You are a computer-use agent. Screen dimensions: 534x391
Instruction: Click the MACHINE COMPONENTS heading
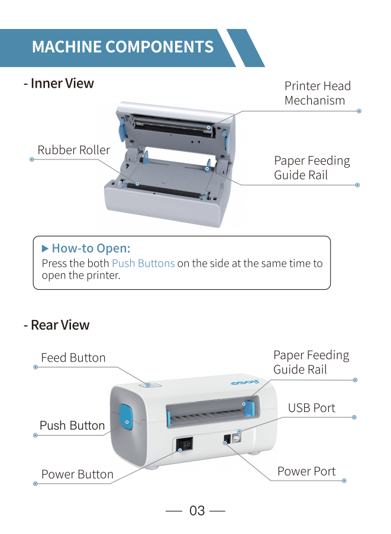[122, 47]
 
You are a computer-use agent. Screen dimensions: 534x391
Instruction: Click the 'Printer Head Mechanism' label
[317, 93]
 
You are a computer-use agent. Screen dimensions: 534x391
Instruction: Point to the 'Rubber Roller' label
[73, 150]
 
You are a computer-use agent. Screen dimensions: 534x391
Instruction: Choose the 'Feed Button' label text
[73, 357]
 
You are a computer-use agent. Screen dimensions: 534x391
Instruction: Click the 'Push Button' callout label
[72, 425]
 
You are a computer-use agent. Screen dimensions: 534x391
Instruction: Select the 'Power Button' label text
[77, 474]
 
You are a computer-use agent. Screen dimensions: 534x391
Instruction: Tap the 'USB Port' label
[311, 408]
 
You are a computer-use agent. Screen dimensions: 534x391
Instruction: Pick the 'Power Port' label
[306, 471]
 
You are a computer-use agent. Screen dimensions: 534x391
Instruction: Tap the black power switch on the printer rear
[186, 444]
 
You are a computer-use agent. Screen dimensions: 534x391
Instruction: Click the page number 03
[196, 510]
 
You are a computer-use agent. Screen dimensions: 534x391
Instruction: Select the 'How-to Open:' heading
[91, 248]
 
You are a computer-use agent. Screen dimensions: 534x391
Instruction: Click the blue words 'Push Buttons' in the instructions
[143, 263]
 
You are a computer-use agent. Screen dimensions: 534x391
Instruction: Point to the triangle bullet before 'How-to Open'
[45, 248]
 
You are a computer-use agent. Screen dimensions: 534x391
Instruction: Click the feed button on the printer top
[150, 385]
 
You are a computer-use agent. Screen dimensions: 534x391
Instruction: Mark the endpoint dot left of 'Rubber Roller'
[31, 159]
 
